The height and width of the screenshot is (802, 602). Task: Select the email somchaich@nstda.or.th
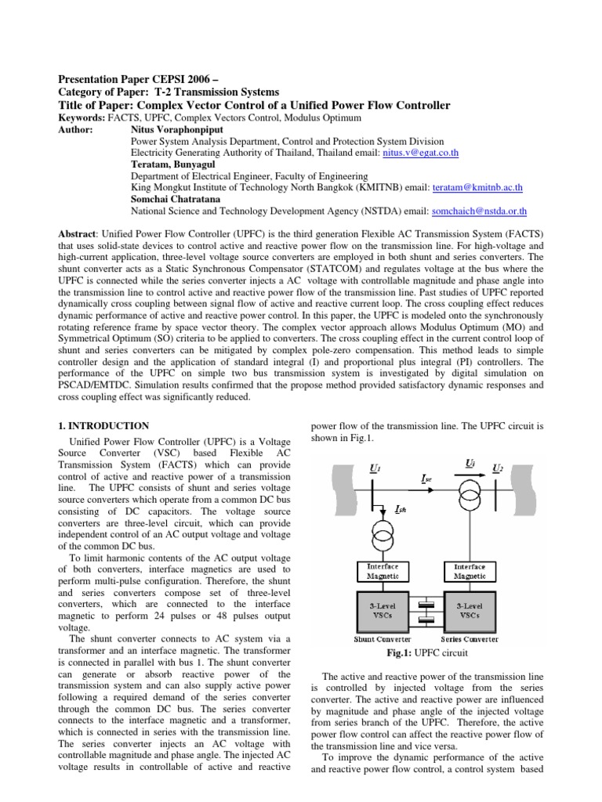(477, 211)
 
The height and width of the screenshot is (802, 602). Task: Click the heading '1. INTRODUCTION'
(104, 426)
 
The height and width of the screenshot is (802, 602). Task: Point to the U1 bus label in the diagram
(375, 468)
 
